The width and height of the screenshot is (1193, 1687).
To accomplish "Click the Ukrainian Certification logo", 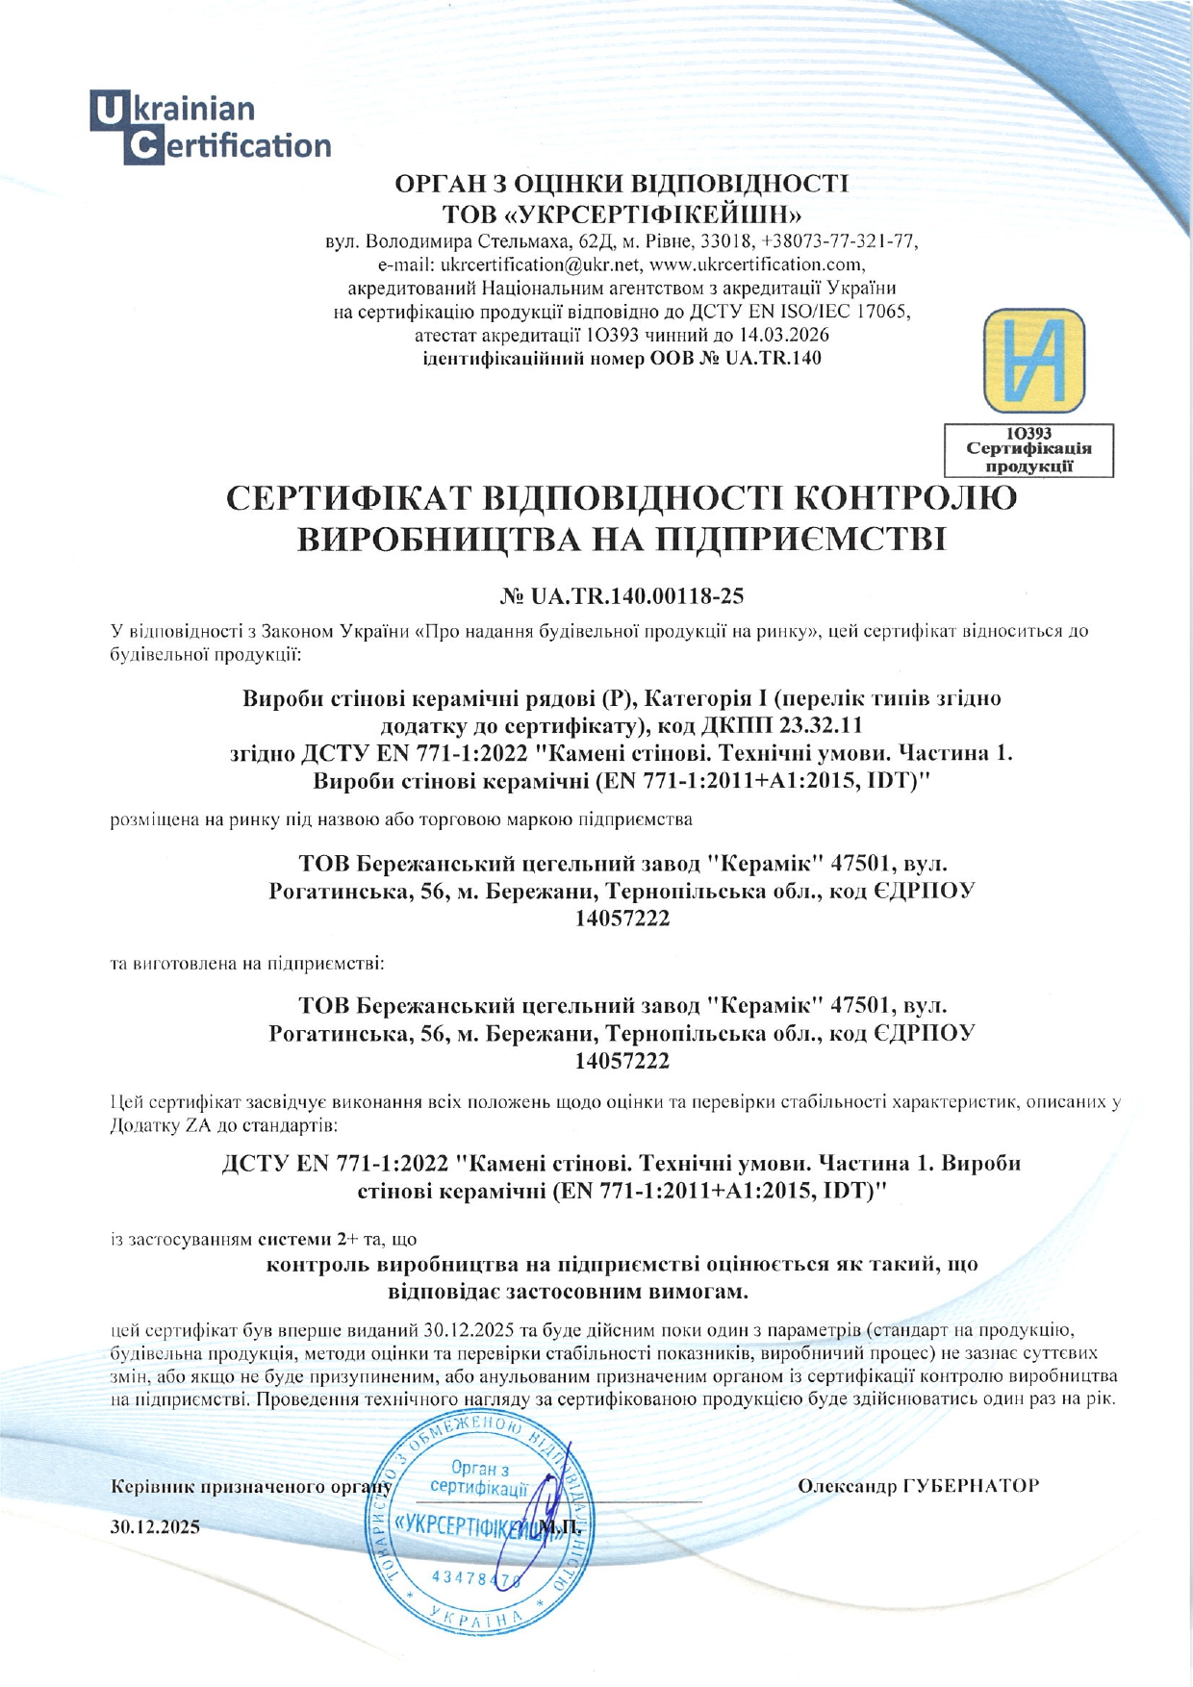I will (x=211, y=128).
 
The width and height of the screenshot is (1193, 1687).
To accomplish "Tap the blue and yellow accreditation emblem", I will (x=1033, y=361).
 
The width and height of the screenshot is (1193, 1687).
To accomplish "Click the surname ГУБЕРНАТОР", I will (x=971, y=1486).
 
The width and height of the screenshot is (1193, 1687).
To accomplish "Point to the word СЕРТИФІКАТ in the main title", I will (x=344, y=499).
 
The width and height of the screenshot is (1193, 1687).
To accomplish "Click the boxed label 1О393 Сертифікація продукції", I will (x=1028, y=450).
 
